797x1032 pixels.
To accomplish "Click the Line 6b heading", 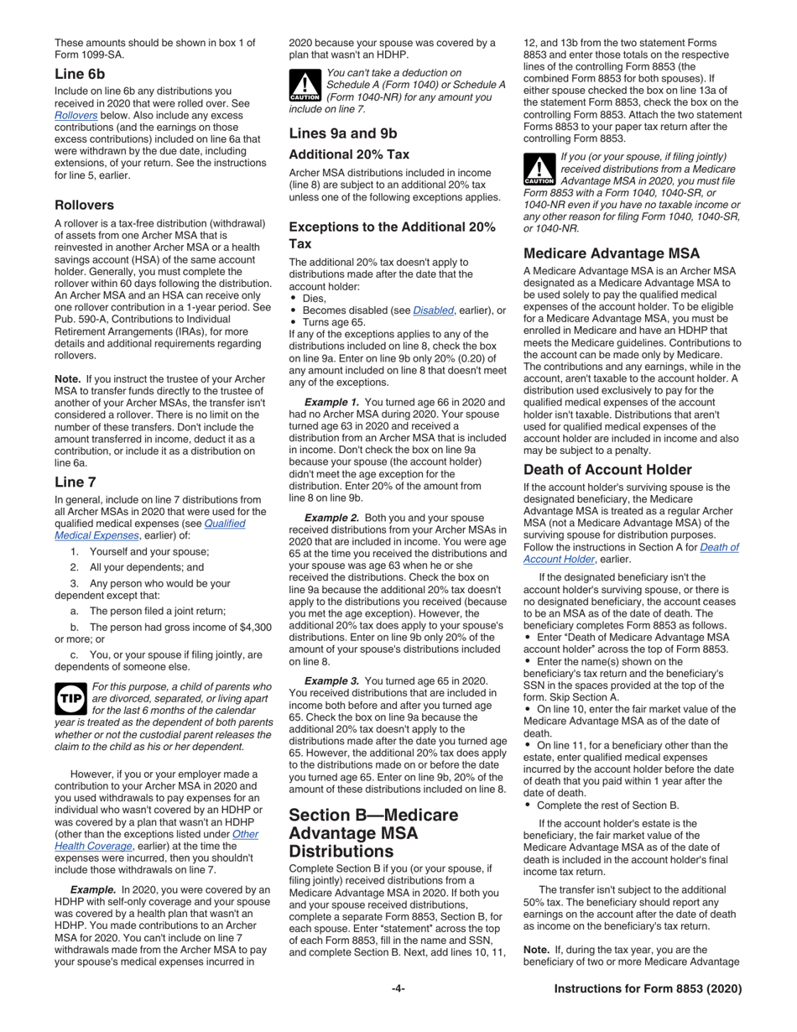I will [x=81, y=74].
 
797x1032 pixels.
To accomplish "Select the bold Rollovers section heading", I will [x=85, y=205].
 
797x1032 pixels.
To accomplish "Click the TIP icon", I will [x=70, y=697].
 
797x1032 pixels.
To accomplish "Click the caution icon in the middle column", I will [x=305, y=86].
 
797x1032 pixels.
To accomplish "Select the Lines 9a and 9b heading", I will [x=343, y=133].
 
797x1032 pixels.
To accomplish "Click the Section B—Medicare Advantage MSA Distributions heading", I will [x=374, y=834].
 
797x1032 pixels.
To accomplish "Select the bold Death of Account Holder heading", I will [x=607, y=470].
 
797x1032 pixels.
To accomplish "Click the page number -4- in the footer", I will [x=398, y=989].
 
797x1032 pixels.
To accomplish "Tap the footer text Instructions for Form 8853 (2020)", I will [x=648, y=989].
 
